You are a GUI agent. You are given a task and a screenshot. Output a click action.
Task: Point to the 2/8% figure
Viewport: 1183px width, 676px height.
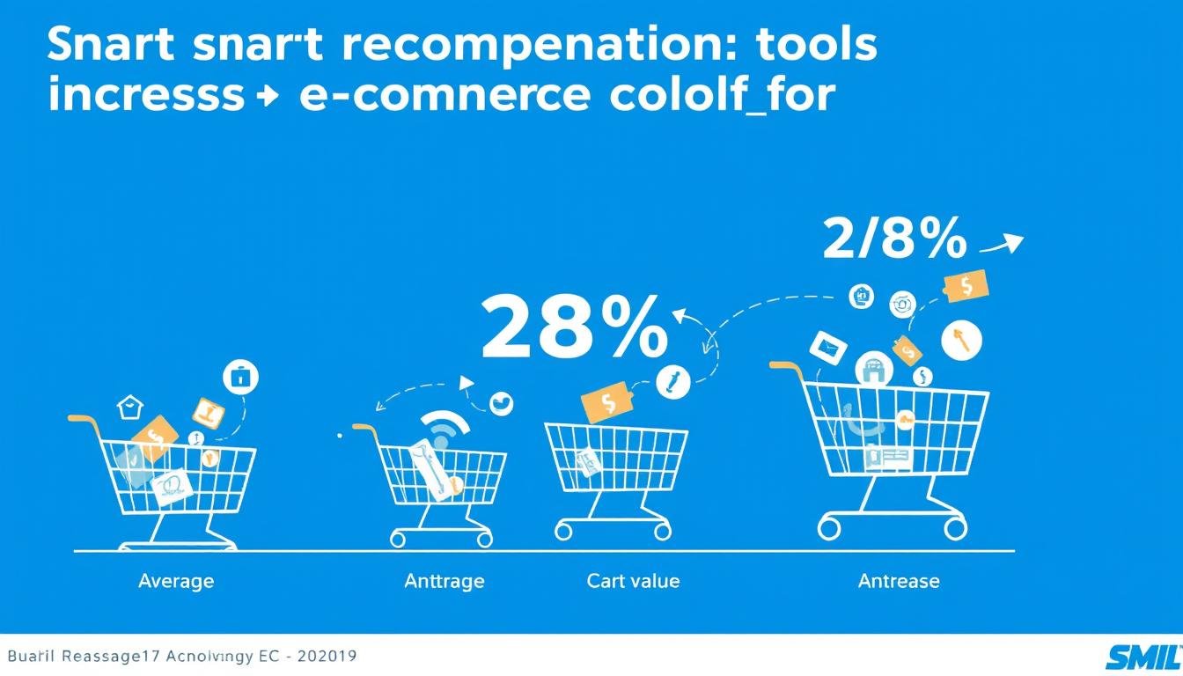893,239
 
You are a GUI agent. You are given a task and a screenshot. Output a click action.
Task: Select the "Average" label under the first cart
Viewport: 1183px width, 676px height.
176,581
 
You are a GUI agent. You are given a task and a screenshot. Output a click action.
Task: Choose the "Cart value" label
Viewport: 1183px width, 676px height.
633,581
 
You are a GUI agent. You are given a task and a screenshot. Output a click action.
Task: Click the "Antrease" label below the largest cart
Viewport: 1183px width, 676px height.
899,581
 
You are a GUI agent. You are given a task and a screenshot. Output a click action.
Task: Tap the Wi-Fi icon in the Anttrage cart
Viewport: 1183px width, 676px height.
444,431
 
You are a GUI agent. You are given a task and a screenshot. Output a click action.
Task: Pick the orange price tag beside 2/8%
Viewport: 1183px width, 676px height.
966,286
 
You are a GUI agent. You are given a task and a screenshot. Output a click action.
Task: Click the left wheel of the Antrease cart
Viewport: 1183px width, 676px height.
829,528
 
